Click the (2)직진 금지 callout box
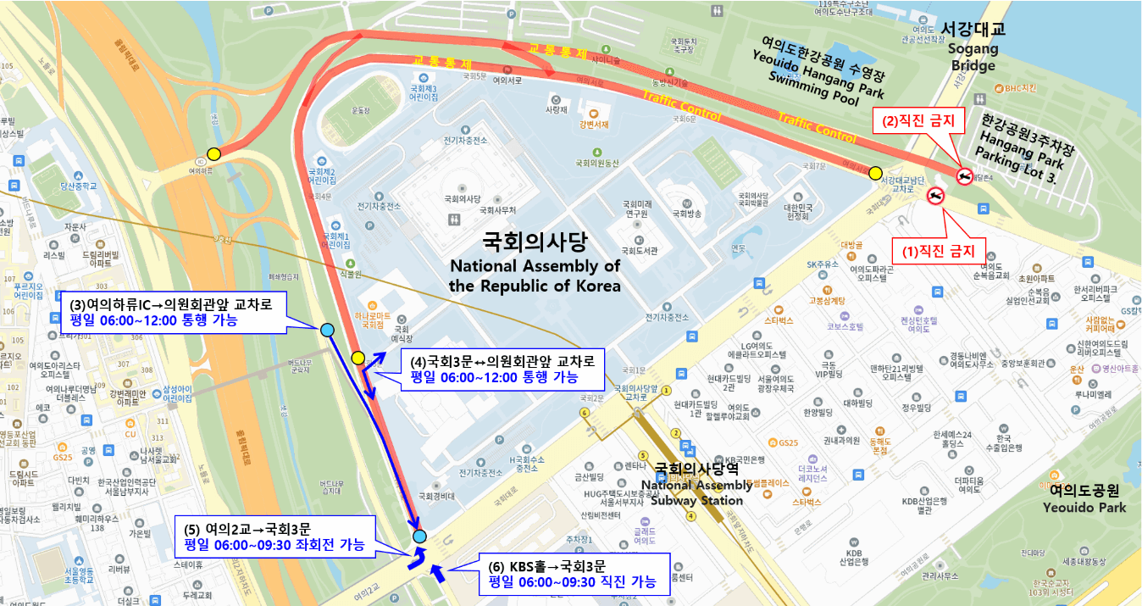click(x=918, y=121)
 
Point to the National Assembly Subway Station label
click(x=696, y=484)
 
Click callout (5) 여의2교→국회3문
click(x=274, y=537)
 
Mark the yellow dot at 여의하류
click(x=213, y=154)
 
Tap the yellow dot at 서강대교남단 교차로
click(x=875, y=173)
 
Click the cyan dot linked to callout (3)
click(x=327, y=330)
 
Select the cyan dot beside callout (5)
click(x=419, y=537)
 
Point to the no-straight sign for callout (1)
click(x=935, y=196)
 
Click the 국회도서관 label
click(x=636, y=251)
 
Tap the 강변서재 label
click(x=594, y=125)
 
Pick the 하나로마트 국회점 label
click(x=373, y=318)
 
